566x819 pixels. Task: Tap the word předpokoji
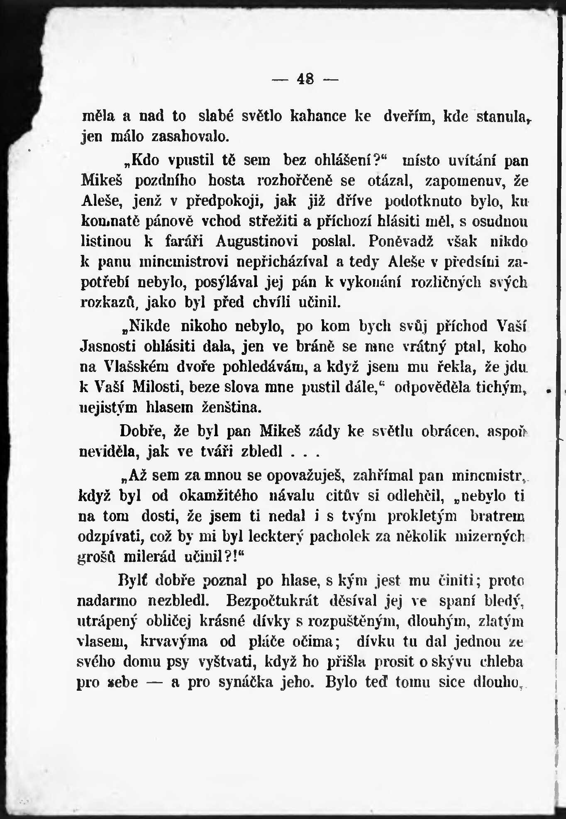[217, 201]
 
